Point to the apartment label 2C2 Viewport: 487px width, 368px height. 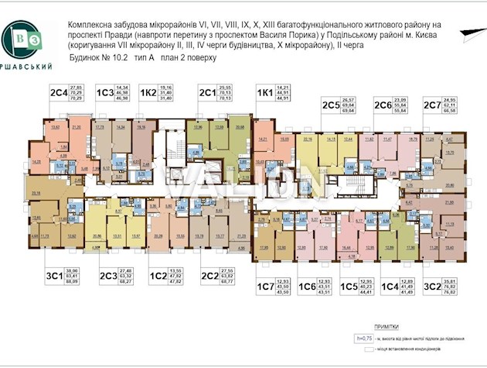coord(209,274)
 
